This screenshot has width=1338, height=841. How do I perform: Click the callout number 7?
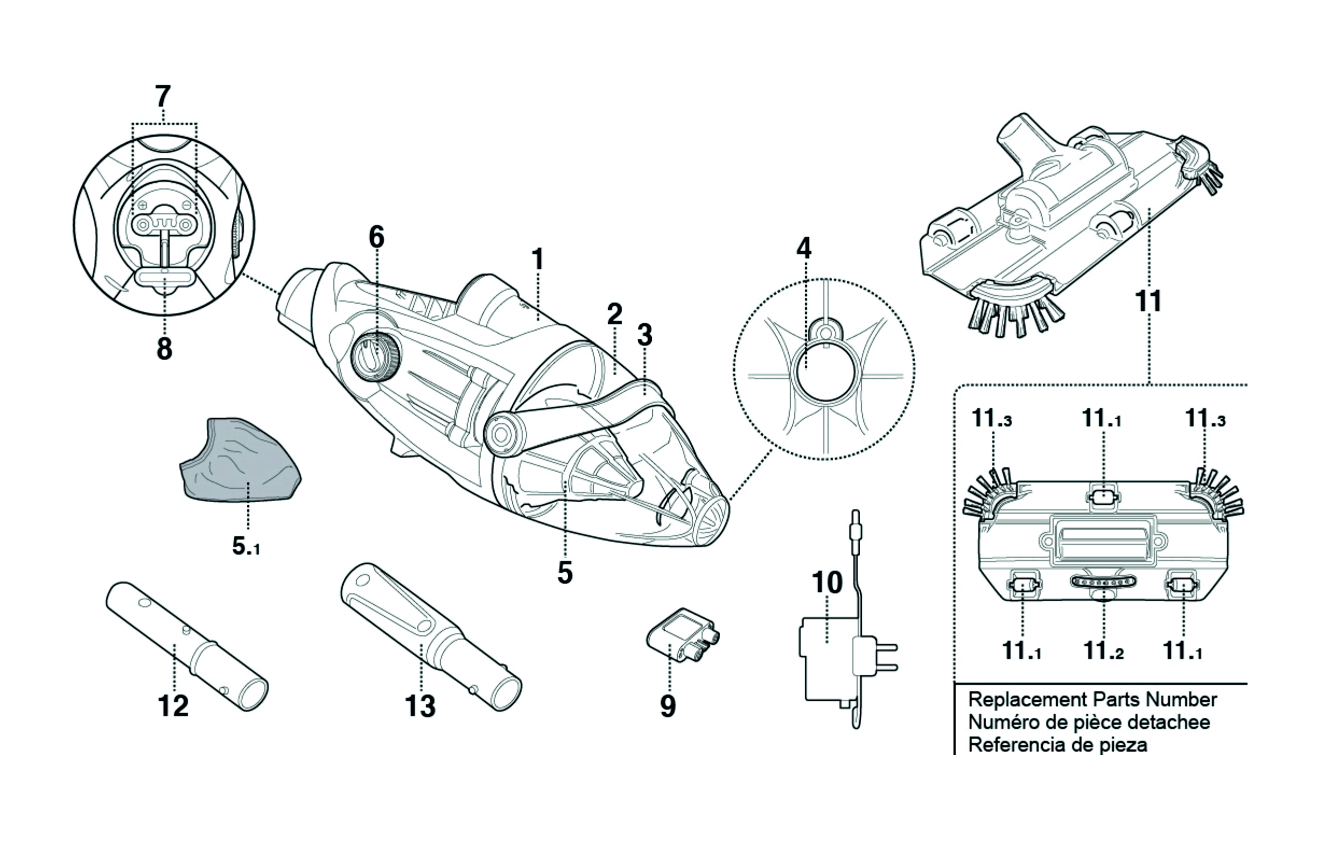[162, 97]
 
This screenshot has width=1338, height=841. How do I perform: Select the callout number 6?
[376, 237]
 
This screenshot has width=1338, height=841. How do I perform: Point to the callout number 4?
[804, 248]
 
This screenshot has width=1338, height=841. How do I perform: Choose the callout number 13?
[420, 706]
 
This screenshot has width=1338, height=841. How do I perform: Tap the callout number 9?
[668, 706]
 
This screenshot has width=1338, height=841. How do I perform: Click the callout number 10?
[827, 583]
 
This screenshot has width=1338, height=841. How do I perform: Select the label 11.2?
[1104, 650]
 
